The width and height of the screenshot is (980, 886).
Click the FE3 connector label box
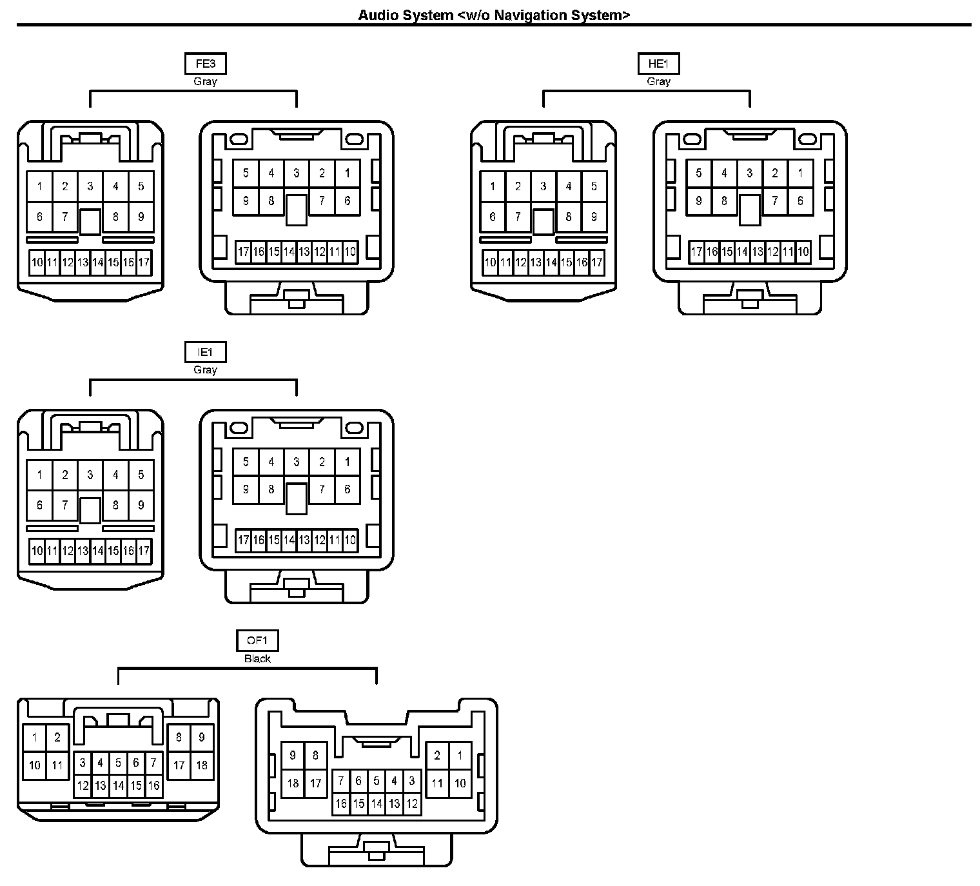point(205,64)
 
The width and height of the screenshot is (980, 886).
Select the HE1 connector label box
point(658,64)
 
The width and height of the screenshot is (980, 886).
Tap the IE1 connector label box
point(205,352)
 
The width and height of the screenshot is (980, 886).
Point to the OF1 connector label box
point(257,640)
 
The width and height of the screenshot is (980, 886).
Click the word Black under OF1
point(257,658)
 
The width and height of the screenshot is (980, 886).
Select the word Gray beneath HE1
point(658,81)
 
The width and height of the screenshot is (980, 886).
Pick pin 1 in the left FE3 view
point(39,186)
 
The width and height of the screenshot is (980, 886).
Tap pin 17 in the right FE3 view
point(243,251)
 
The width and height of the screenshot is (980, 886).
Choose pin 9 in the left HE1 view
point(594,217)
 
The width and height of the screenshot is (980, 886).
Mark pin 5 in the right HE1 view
point(698,173)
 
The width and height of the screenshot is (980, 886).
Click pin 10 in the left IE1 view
point(37,551)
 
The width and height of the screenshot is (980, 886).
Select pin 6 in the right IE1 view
point(348,489)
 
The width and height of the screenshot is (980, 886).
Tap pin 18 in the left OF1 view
point(202,765)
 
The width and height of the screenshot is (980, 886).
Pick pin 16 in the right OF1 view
point(340,803)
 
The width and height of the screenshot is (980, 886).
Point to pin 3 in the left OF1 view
point(83,763)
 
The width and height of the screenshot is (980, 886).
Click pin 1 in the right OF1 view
point(460,755)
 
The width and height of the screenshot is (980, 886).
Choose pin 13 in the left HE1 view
point(536,262)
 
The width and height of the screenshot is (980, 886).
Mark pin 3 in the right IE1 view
point(297,462)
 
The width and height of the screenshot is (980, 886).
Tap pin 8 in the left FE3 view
point(115,217)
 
